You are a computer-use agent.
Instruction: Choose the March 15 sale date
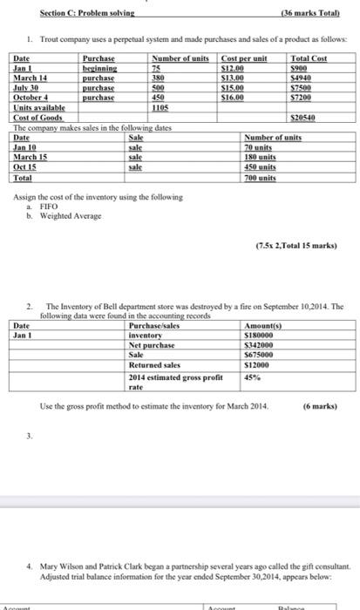(31, 153)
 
